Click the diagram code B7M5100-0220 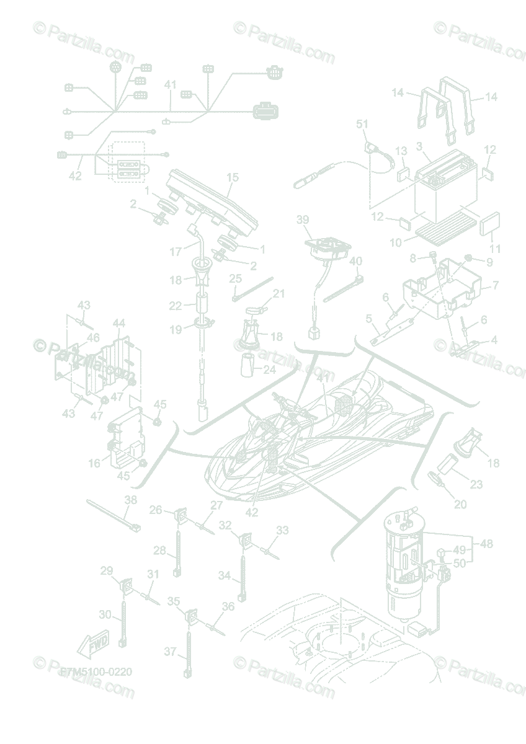pos(96,671)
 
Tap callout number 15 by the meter pos(232,178)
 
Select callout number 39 pos(302,220)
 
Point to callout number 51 pos(362,124)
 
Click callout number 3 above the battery pos(419,146)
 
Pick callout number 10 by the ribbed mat pos(396,242)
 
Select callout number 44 pos(119,323)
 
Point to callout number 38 pos(130,499)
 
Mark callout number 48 pos(486,544)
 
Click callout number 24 pos(269,371)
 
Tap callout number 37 pos(170,652)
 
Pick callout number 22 pos(176,306)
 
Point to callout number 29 pos(107,570)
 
